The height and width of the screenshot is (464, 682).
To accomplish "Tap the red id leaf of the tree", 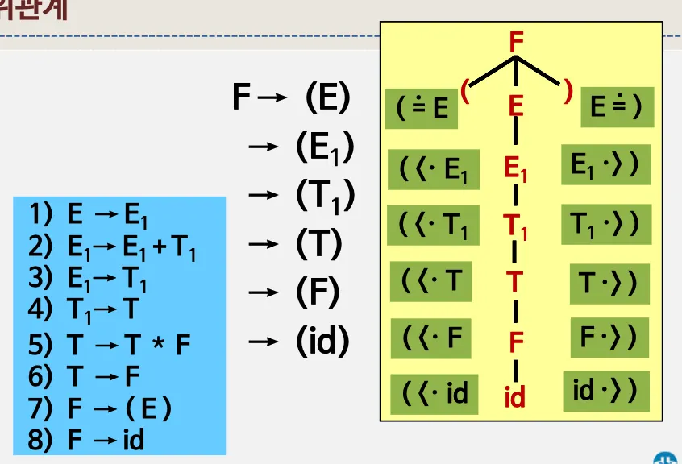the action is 515,396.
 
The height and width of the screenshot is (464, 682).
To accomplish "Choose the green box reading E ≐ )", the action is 617,107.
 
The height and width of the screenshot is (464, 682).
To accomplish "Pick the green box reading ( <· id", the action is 435,394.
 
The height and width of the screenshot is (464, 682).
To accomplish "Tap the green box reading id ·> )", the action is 605,391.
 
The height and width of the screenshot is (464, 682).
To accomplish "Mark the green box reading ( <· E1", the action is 433,169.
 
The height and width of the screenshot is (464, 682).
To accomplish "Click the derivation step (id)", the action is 322,342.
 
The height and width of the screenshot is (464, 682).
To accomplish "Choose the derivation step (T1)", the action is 325,196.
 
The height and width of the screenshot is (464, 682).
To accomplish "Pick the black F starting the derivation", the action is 241,97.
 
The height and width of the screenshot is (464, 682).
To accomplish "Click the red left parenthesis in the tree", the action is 465,90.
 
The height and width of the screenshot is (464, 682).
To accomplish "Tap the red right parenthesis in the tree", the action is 568,91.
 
